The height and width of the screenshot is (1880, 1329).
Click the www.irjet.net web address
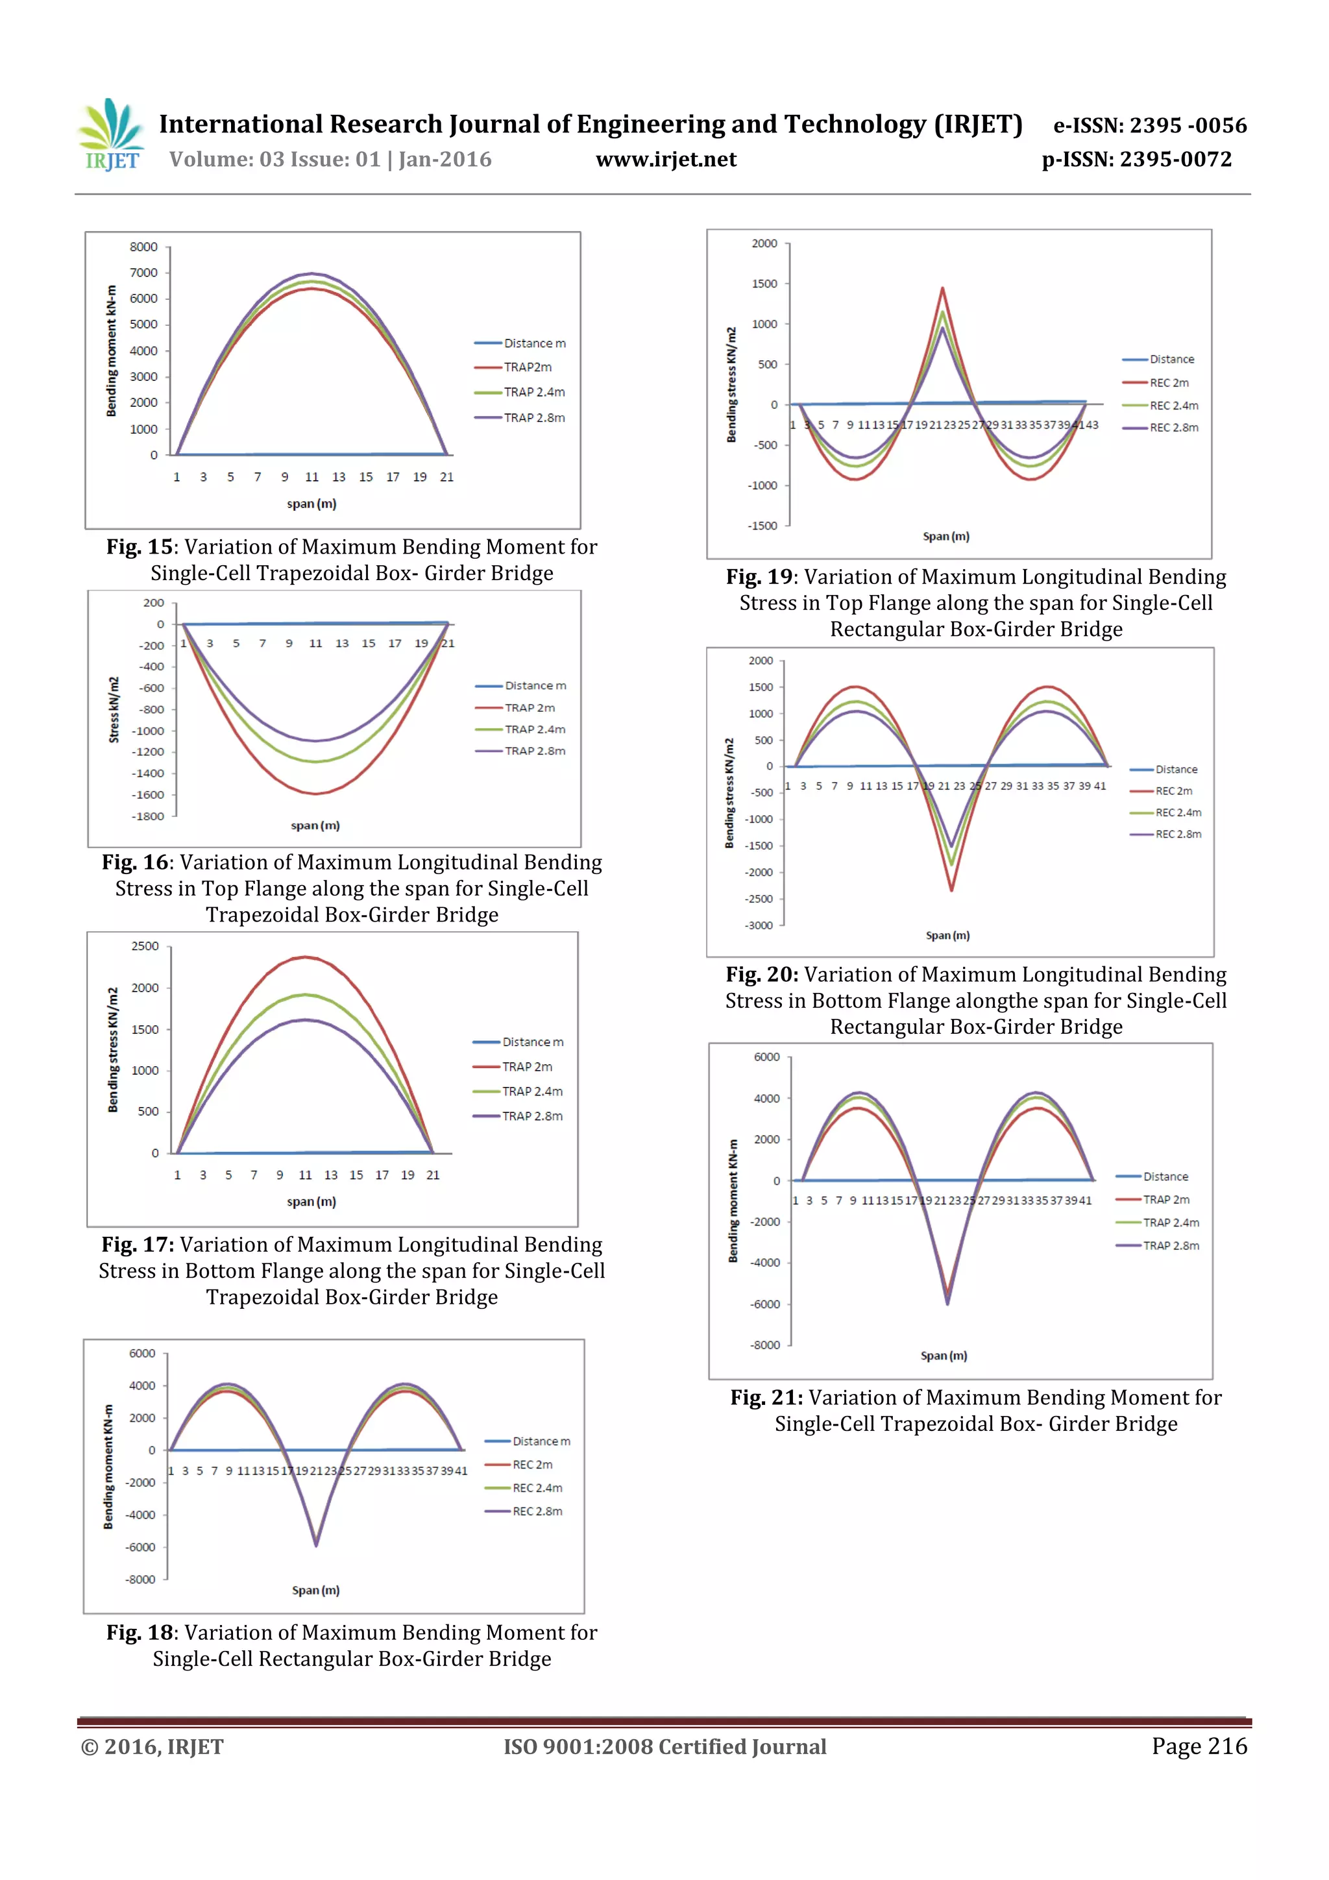666,160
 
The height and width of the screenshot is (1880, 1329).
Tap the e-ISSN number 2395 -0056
1188,125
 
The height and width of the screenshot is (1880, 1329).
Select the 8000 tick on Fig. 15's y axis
143,247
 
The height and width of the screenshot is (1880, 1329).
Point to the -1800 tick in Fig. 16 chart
148,816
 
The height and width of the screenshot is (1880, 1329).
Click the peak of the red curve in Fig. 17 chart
304,957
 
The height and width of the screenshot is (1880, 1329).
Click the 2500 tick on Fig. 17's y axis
145,946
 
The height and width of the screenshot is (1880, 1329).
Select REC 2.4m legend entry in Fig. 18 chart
537,1488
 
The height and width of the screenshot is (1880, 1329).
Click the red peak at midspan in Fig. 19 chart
942,288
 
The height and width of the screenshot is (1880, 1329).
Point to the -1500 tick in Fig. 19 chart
762,526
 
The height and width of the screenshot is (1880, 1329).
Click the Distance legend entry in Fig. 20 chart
1176,770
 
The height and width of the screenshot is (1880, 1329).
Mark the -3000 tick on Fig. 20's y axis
758,925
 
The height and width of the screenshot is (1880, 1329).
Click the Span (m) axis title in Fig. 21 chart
944,1355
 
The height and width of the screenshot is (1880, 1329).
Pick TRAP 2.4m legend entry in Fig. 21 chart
1171,1223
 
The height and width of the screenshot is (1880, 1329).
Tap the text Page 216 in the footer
1199,1746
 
